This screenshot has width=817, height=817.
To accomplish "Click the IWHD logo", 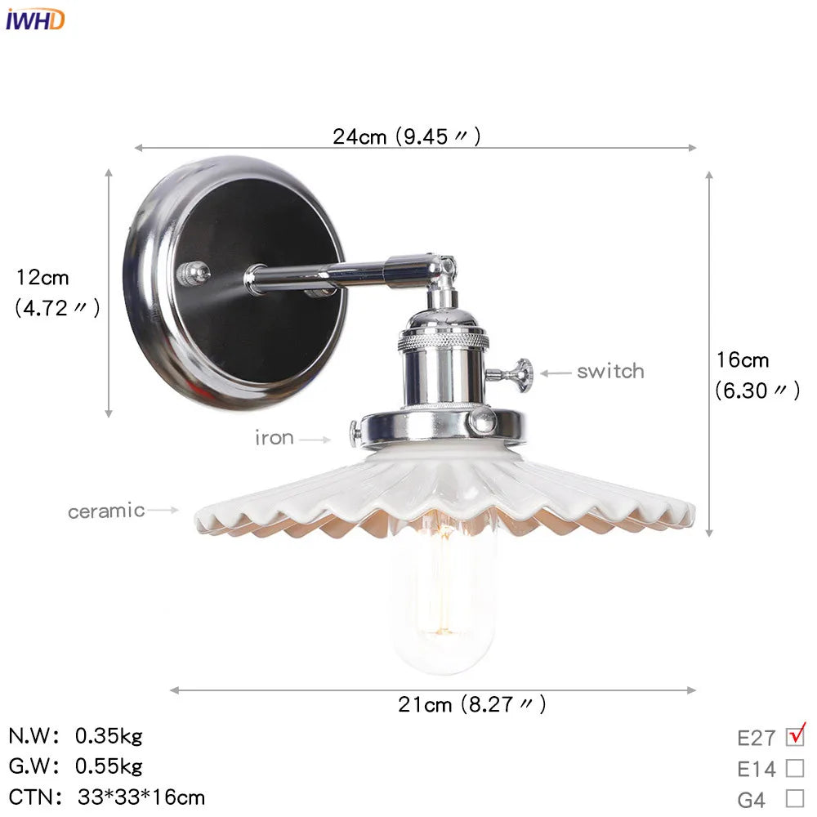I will pos(34,20).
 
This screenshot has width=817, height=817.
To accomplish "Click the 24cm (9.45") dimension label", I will pos(406,136).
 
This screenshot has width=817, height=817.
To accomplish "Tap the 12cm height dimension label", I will pos(56,292).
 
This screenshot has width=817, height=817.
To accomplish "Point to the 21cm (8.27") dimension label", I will pos(471,704).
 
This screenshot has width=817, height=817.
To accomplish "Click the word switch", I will pos(609,372).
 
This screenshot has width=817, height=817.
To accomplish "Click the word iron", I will pos(274,438).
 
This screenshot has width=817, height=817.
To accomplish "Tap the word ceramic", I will pos(106,511).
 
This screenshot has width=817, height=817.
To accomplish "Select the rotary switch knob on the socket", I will pos(516,375).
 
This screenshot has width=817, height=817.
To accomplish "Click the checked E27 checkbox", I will pos(794,737).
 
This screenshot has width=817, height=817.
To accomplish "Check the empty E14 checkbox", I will pos(794,768).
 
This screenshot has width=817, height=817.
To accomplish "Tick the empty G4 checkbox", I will pos(794,798).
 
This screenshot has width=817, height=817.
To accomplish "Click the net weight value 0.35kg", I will pos(109,736).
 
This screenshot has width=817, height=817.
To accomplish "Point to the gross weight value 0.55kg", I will pos(109,766).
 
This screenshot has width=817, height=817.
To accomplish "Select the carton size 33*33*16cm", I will pos(141,797).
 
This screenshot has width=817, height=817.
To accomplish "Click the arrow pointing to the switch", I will pos(556,373).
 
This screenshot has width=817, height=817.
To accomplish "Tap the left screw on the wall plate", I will pos(194,274).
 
